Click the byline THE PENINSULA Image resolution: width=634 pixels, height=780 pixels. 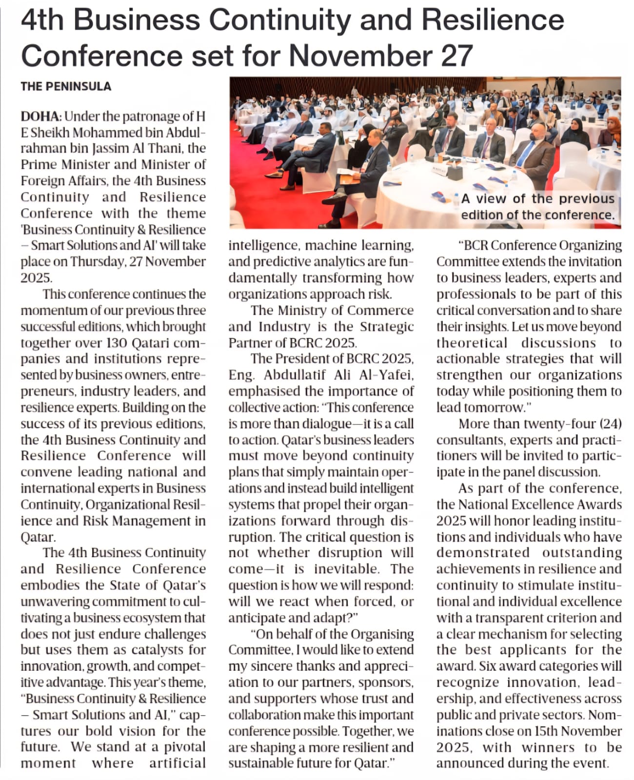click(x=66, y=86)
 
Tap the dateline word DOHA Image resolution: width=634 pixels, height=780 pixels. click(x=40, y=117)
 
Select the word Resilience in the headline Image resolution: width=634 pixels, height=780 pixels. click(x=493, y=20)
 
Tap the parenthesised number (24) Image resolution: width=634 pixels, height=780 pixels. click(x=610, y=424)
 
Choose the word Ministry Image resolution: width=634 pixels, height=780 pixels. click(x=304, y=311)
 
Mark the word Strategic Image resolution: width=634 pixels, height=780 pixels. click(x=387, y=327)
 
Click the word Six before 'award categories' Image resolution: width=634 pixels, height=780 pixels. click(x=487, y=666)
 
